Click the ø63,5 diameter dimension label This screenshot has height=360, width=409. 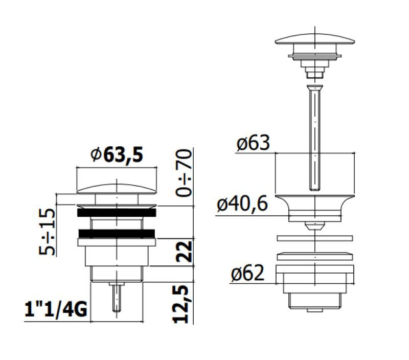pyautogui.click(x=117, y=155)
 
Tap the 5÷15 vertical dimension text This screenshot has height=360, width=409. pyautogui.click(x=48, y=232)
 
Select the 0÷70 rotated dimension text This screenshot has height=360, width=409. pyautogui.click(x=184, y=173)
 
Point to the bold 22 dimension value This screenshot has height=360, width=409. pyautogui.click(x=184, y=252)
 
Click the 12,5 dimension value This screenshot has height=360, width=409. pyautogui.click(x=180, y=304)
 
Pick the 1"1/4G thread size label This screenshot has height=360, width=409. pyautogui.click(x=56, y=309)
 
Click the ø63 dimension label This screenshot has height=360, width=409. pyautogui.click(x=253, y=143)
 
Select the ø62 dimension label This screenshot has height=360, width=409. pyautogui.click(x=247, y=273)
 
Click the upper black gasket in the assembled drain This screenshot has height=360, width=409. pyautogui.click(x=117, y=212)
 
